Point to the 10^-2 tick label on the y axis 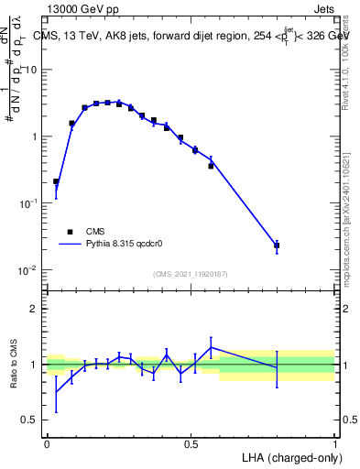[x=29, y=270]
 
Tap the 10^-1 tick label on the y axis [x=29, y=203]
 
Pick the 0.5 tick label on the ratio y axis [x=32, y=420]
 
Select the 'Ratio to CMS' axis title [x=14, y=365]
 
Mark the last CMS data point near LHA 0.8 [x=277, y=245]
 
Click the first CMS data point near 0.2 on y [x=57, y=181]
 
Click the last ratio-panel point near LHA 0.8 [x=277, y=367]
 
